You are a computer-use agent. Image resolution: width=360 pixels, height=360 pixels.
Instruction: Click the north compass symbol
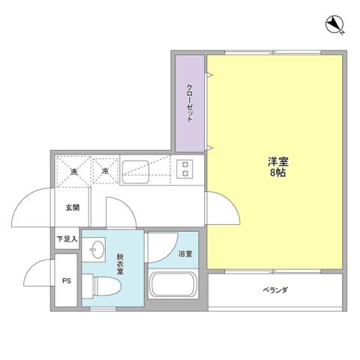tap(334, 26)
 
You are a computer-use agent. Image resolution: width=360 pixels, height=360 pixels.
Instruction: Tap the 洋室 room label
tap(277, 160)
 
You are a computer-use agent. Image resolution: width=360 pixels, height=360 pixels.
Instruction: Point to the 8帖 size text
tap(277, 172)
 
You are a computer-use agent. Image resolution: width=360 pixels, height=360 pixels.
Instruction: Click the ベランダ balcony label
tap(275, 290)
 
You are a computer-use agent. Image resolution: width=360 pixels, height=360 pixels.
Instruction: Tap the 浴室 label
tap(184, 254)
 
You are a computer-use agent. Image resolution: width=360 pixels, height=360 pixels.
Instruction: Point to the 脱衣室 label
tap(119, 264)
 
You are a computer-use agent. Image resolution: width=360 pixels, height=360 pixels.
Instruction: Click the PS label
tap(66, 282)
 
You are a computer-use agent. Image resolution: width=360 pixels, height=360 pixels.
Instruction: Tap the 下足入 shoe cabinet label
tap(66, 240)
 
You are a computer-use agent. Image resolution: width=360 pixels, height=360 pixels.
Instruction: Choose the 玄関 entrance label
tap(72, 208)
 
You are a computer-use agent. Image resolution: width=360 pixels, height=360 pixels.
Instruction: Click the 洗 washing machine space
tap(73, 171)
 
